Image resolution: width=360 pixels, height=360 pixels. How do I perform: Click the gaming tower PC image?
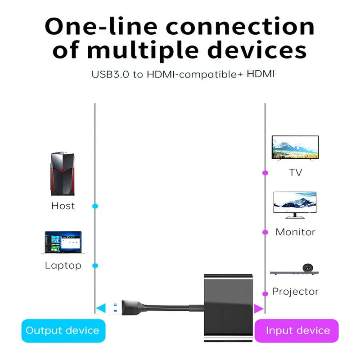[63, 174]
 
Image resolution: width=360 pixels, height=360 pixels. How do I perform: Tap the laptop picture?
[63, 244]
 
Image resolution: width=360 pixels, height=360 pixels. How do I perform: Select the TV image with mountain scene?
[295, 148]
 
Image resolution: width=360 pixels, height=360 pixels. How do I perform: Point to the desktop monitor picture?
[295, 205]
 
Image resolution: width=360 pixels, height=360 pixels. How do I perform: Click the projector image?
[295, 270]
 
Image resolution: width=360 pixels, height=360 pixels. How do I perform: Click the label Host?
[63, 206]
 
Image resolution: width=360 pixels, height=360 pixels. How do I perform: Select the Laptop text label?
[63, 265]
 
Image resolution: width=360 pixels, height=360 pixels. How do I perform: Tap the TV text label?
[295, 172]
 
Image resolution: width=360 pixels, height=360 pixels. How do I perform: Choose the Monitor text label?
[295, 232]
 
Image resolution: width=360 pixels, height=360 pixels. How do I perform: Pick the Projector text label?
[295, 292]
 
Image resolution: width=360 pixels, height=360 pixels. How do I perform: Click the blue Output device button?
[63, 331]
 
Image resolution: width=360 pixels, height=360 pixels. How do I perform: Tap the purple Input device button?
[297, 331]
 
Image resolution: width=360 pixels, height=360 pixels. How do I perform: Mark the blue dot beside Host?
[95, 206]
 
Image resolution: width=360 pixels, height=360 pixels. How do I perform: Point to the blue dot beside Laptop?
[95, 265]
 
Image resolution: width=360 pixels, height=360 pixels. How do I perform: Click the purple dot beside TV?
[265, 172]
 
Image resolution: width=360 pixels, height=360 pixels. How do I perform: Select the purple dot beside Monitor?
[265, 232]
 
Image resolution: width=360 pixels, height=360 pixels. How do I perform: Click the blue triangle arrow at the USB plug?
[100, 308]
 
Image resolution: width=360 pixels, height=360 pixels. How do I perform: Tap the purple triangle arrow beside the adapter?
[258, 308]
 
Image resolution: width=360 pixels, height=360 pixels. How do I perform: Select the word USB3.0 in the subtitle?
[111, 74]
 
